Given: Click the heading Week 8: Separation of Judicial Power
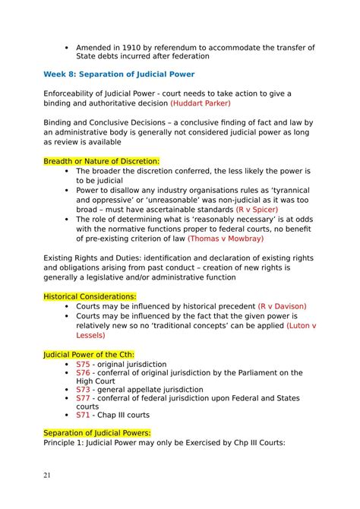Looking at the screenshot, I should [118, 74].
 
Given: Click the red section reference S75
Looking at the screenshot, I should [83, 364].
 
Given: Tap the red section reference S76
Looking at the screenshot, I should [83, 373].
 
